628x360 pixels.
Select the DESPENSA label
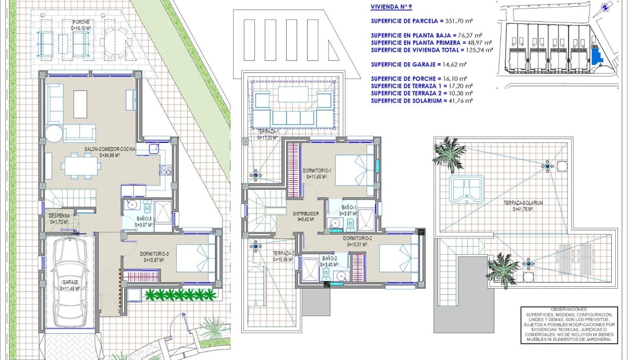click(60, 216)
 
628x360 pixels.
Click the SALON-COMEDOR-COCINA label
click(110, 150)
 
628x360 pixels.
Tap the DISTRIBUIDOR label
click(306, 214)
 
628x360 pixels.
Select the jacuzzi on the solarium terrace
click(466, 188)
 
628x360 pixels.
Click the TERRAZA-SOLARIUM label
click(523, 203)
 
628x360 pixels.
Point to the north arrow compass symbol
click(605, 8)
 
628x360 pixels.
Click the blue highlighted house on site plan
click(595, 54)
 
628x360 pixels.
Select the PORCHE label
click(80, 22)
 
